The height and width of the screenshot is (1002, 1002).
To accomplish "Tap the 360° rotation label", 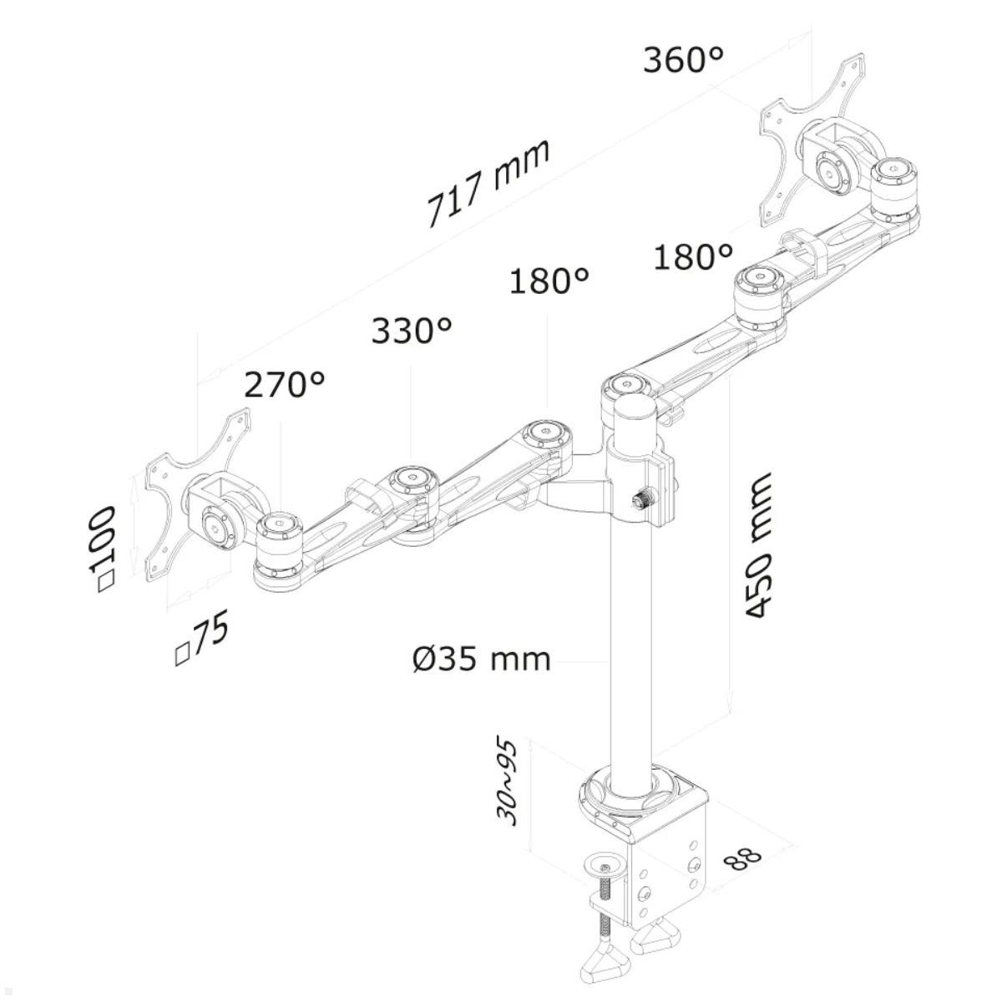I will tap(682, 59).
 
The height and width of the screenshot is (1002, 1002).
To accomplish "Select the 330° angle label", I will tap(412, 331).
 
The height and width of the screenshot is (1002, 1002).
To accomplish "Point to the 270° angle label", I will tap(284, 385).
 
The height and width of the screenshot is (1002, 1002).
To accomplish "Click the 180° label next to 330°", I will tap(549, 281).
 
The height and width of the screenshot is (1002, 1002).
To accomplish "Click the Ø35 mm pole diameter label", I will tap(482, 659).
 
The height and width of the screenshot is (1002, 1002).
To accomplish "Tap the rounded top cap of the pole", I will tap(634, 412).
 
